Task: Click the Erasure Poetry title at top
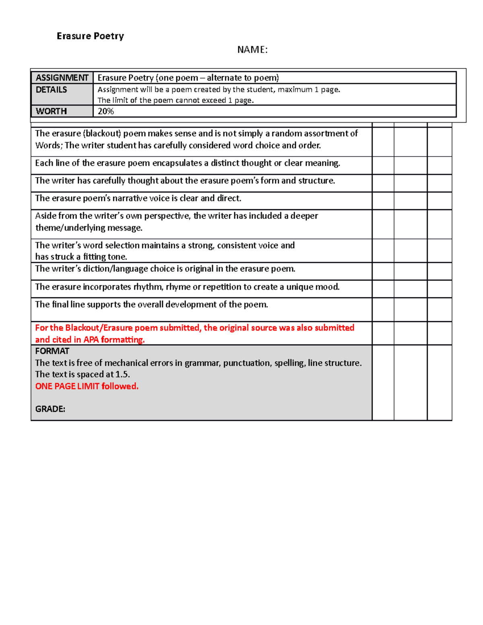(x=90, y=36)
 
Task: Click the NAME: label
(x=252, y=50)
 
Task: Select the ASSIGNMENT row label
(x=62, y=78)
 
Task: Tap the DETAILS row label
(x=52, y=90)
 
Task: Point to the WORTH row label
(x=51, y=111)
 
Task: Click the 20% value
(x=106, y=111)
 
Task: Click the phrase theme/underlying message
(x=89, y=228)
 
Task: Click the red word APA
(x=91, y=340)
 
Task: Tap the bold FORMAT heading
(x=52, y=351)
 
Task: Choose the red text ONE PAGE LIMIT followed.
(x=87, y=386)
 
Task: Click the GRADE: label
(x=50, y=409)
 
